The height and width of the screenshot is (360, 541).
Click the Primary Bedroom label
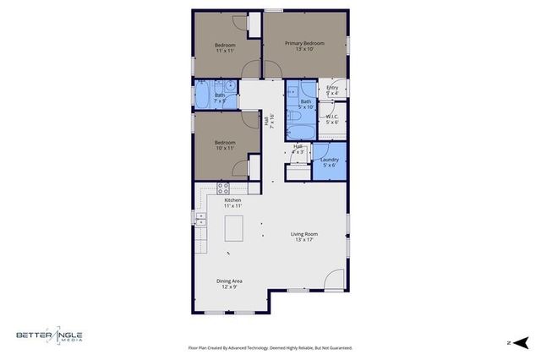pyautogui.click(x=304, y=46)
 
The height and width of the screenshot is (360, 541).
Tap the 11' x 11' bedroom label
pyautogui.click(x=224, y=47)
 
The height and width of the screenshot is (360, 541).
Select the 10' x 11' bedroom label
pyautogui.click(x=224, y=145)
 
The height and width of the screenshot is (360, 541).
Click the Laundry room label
pyautogui.click(x=330, y=162)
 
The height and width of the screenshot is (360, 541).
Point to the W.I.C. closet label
pyautogui.click(x=332, y=120)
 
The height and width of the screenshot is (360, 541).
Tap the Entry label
pyautogui.click(x=332, y=90)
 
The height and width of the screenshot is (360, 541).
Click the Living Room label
pyautogui.click(x=304, y=237)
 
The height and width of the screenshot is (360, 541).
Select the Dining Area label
pyautogui.click(x=230, y=283)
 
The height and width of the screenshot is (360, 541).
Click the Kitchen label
pyautogui.click(x=232, y=203)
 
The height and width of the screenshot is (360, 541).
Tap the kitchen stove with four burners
pyautogui.click(x=223, y=188)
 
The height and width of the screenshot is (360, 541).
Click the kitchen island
pyautogui.click(x=233, y=228)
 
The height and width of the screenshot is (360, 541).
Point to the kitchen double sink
pyautogui.click(x=200, y=219)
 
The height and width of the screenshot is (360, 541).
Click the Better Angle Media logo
pyautogui.click(x=50, y=336)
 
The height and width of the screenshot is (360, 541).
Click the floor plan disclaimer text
pyautogui.click(x=270, y=347)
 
